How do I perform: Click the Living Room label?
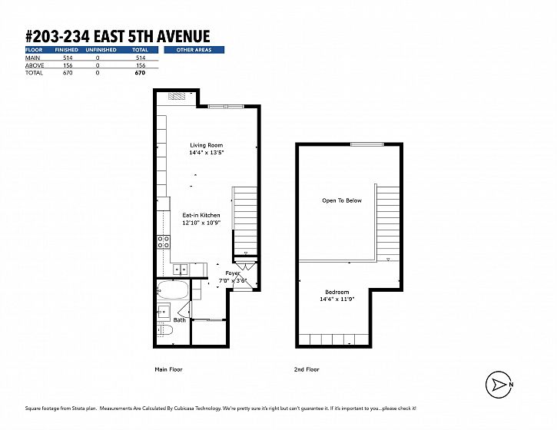click(207, 145)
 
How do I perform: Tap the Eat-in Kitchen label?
click(201, 215)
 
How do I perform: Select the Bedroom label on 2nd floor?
click(337, 292)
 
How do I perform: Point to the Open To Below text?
click(342, 200)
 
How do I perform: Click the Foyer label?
click(233, 273)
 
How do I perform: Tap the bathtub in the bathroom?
click(173, 289)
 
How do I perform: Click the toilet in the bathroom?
click(165, 330)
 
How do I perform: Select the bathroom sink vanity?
click(164, 312)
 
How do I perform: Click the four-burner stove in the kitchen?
click(164, 242)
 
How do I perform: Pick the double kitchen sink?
click(181, 270)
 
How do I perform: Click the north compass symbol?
click(499, 385)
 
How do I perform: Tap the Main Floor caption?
click(168, 369)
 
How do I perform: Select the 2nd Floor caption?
click(307, 369)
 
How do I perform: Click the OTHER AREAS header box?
click(194, 50)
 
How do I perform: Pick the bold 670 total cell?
click(140, 73)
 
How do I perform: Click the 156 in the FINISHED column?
click(68, 65)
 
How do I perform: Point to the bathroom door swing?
click(184, 310)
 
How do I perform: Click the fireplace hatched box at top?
click(177, 96)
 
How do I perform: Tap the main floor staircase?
click(245, 221)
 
